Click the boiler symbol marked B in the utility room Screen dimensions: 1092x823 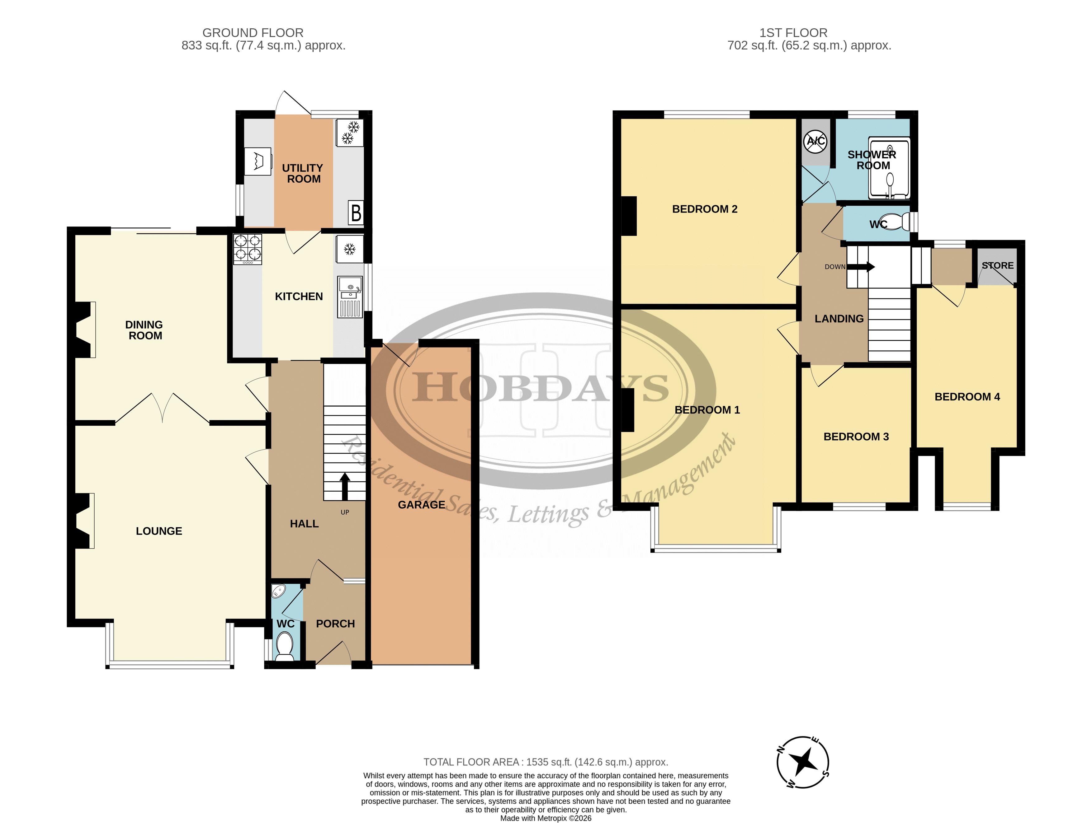[356, 213]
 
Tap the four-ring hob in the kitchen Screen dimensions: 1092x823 [247, 249]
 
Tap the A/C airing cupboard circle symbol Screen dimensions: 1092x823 [815, 142]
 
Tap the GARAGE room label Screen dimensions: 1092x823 [422, 505]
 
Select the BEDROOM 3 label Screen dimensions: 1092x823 [856, 437]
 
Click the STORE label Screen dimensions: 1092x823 [997, 265]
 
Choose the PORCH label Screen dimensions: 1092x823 [335, 624]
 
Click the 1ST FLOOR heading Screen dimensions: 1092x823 [793, 33]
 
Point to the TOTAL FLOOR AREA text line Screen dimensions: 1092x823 [546, 762]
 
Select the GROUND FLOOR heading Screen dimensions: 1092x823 [253, 33]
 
